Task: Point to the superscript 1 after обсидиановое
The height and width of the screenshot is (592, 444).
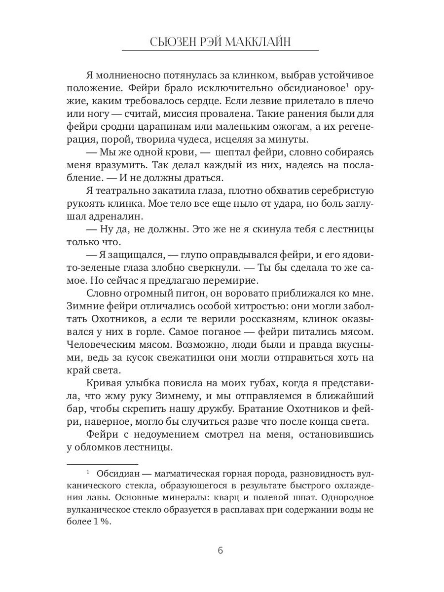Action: coord(347,86)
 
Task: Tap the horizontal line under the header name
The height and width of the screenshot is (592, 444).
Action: coord(220,51)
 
